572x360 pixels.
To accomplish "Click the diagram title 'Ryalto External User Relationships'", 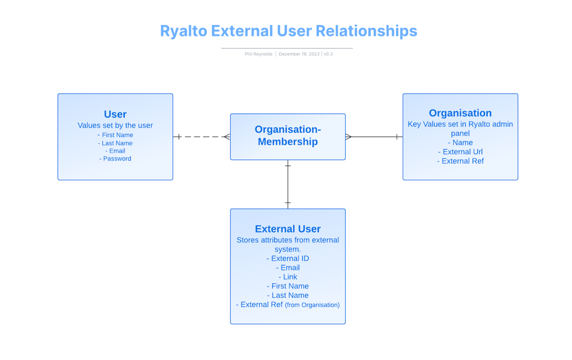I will [x=288, y=31].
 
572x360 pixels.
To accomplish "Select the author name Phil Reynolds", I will [x=258, y=54].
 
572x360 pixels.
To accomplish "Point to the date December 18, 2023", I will [x=299, y=54].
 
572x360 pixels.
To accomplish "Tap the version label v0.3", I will [x=328, y=54].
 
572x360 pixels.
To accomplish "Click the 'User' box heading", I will [x=115, y=114].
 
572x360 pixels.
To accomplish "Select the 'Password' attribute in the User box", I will [x=116, y=159].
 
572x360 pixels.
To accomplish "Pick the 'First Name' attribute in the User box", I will [x=116, y=135].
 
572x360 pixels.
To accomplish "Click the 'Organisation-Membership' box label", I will [x=288, y=136].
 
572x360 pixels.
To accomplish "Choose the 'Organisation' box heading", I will [x=460, y=113].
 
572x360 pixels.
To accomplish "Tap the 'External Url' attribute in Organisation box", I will [x=461, y=151].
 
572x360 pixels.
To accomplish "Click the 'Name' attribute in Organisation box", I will [x=461, y=143].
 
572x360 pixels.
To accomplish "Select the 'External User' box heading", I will [x=288, y=229].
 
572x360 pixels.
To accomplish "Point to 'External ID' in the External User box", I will [x=288, y=258].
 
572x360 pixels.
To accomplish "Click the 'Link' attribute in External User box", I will [x=288, y=277].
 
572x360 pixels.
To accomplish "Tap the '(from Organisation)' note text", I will [x=312, y=305].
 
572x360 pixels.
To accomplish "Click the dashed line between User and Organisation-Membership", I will [x=201, y=137].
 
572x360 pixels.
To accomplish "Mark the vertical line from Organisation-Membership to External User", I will [x=288, y=184].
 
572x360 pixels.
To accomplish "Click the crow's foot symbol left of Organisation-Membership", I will [x=227, y=137].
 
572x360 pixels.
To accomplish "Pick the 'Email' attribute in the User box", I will [x=116, y=151].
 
